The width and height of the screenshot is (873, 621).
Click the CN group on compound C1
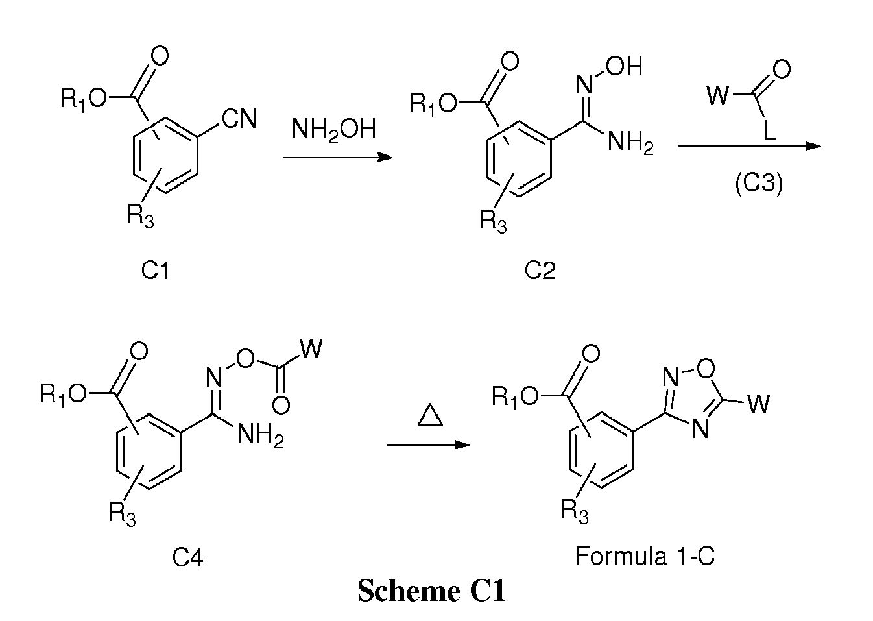(239, 118)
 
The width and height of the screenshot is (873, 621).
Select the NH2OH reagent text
(333, 130)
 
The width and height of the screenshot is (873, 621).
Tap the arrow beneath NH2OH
(337, 158)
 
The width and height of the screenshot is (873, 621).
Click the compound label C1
(155, 270)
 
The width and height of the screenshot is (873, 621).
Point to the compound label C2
(540, 270)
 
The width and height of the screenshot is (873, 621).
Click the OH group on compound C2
(624, 66)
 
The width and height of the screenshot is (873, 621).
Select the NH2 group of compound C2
(630, 141)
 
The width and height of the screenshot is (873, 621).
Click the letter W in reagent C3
(717, 95)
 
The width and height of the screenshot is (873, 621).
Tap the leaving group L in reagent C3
(770, 130)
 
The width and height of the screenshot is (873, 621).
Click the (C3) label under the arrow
(759, 183)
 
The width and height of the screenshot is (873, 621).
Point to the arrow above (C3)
(750, 146)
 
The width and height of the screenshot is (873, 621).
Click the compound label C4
(187, 557)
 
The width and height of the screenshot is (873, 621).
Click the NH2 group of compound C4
(261, 435)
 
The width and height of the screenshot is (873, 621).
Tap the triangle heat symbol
(430, 415)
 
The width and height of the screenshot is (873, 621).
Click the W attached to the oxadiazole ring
(759, 404)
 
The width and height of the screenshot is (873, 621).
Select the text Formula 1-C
(645, 556)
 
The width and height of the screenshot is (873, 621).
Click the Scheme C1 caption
(432, 591)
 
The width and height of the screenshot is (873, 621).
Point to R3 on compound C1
(141, 215)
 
